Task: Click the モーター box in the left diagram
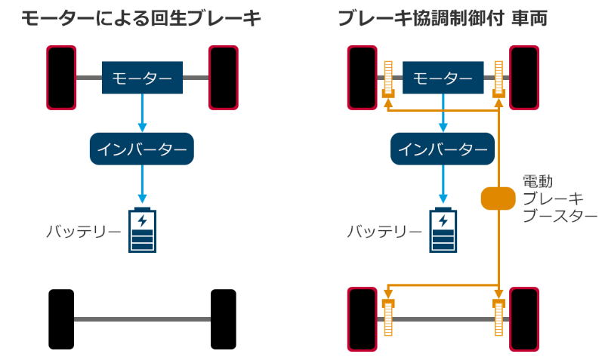tap(142, 78)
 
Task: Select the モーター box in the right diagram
tap(443, 78)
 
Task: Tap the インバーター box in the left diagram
tap(142, 149)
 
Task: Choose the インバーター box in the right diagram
tap(443, 149)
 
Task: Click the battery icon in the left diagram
tap(142, 229)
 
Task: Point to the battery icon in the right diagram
tap(443, 229)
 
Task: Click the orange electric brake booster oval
tap(498, 198)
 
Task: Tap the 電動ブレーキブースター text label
tap(554, 198)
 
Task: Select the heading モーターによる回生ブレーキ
tap(141, 19)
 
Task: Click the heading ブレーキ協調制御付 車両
tap(443, 19)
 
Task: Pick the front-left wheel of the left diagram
tap(61, 78)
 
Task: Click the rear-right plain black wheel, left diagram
tap(224, 318)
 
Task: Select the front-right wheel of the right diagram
tap(524, 78)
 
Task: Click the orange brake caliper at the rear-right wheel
tap(499, 317)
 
